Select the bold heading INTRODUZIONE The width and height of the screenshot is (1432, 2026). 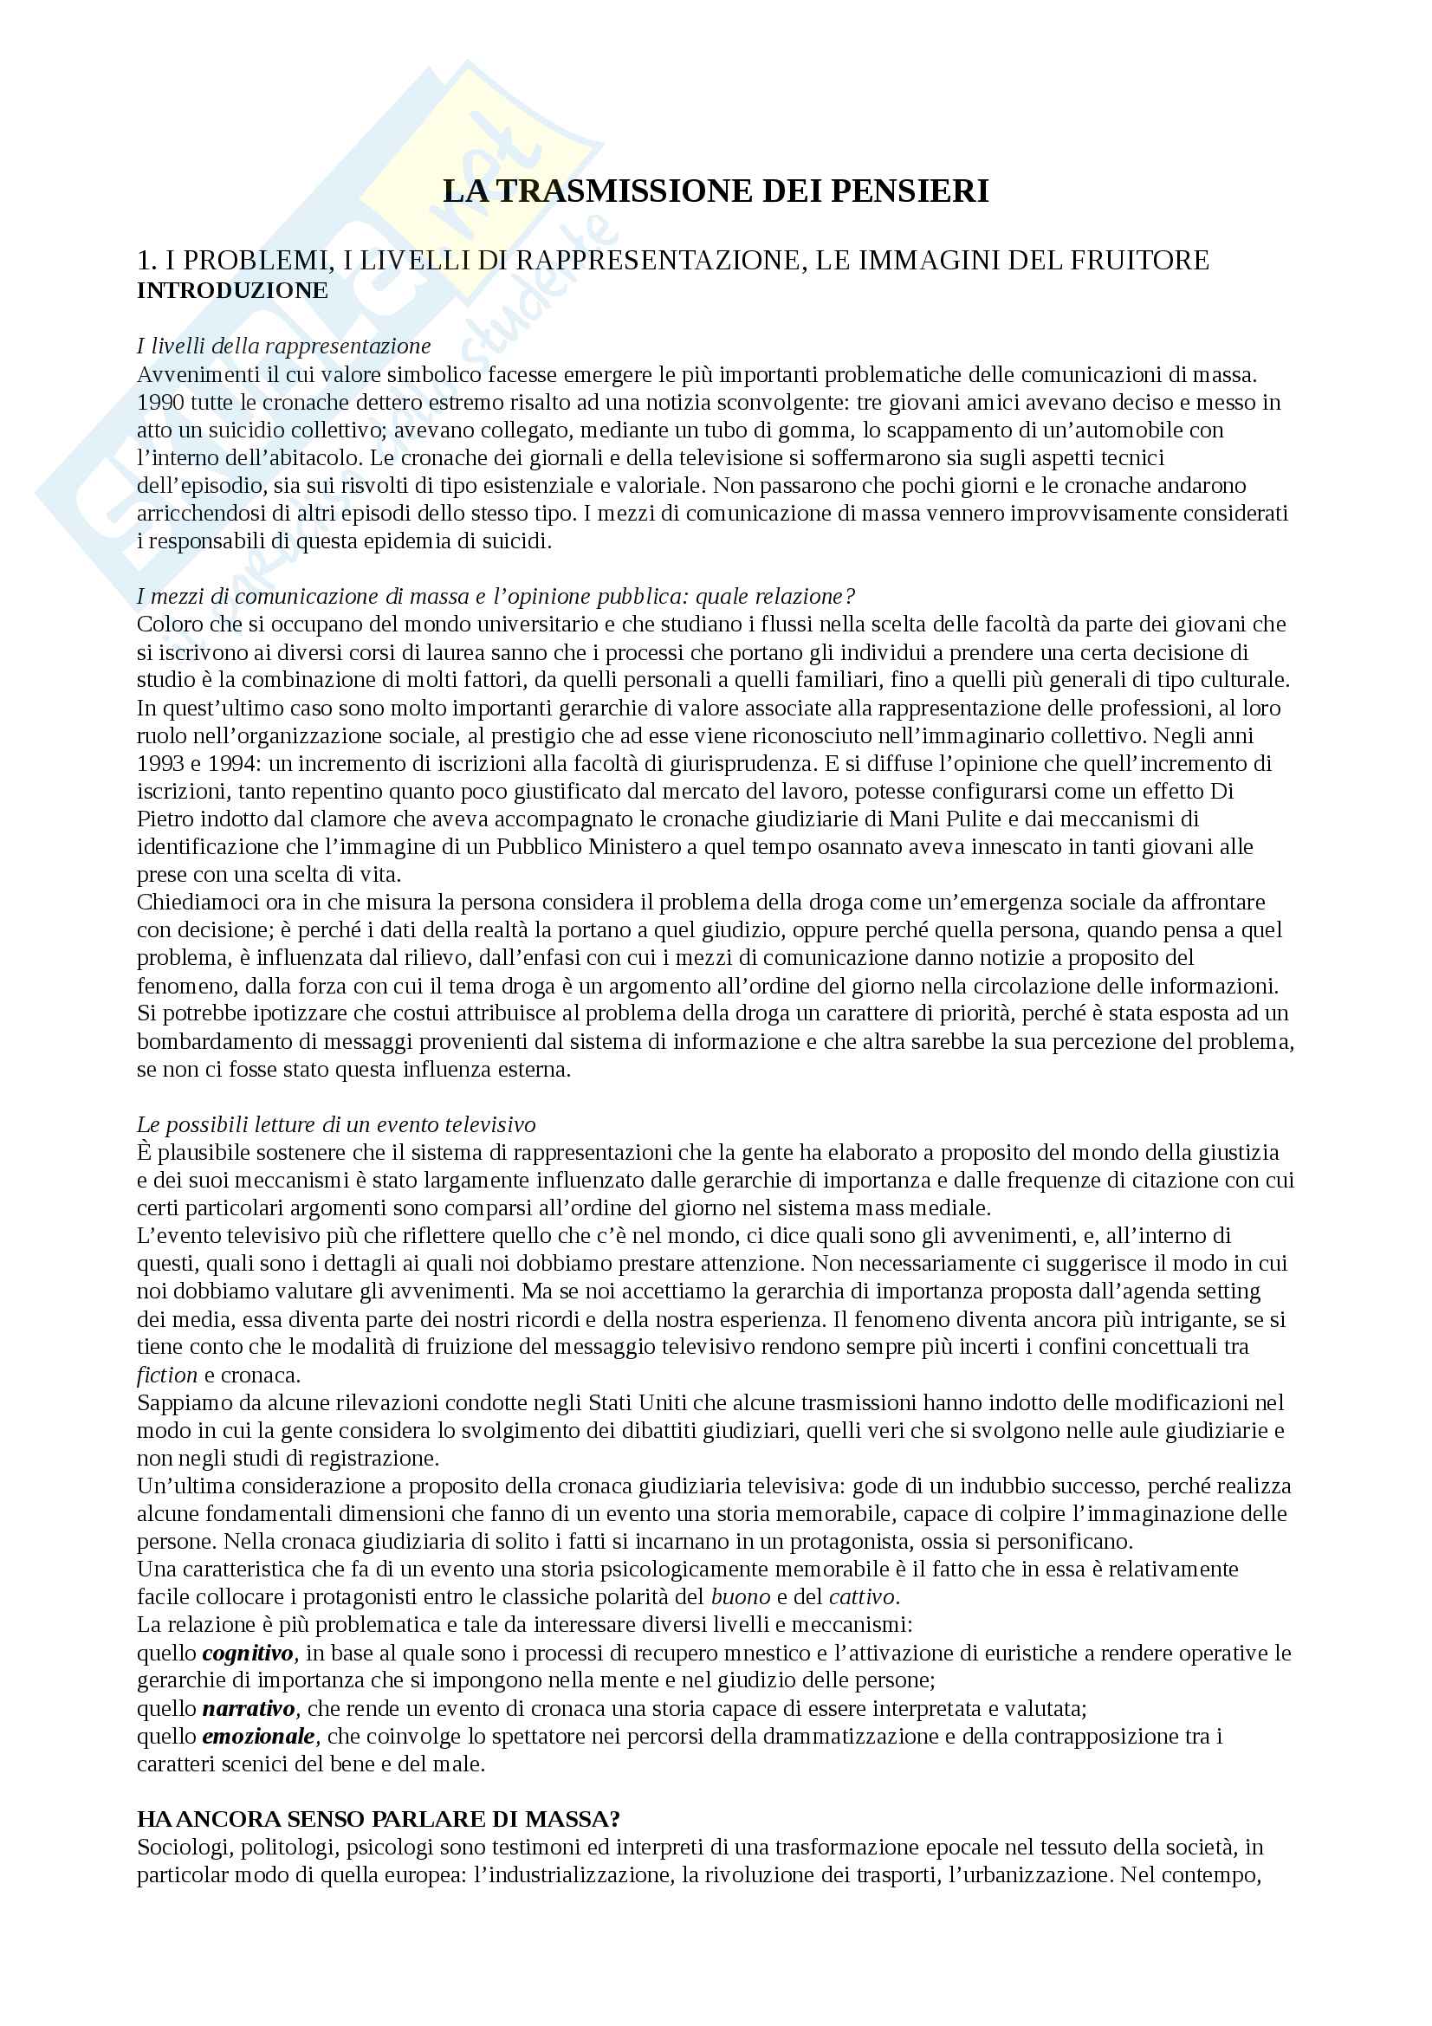point(232,290)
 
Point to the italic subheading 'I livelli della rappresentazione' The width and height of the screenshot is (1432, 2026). point(283,346)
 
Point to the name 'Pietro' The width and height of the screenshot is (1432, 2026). point(165,818)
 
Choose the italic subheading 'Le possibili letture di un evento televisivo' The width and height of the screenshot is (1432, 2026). point(336,1124)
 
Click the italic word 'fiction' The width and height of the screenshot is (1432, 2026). point(166,1375)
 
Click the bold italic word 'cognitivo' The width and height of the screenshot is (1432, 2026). point(248,1653)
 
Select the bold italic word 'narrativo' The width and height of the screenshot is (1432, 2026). point(249,1708)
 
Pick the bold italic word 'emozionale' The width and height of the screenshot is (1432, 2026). point(258,1736)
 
